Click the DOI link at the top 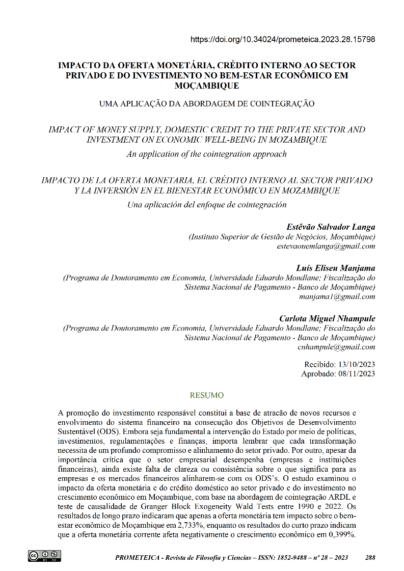(x=283, y=39)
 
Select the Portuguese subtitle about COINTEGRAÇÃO (x=206, y=104)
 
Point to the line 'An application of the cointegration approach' (x=206, y=154)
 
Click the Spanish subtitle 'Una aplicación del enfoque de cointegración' (x=206, y=205)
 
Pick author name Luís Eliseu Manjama (x=335, y=268)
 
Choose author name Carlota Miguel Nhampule (x=327, y=318)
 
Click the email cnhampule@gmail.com (x=336, y=347)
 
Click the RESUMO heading (x=206, y=395)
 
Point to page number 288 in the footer (x=370, y=558)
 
